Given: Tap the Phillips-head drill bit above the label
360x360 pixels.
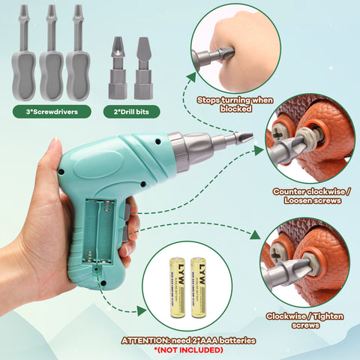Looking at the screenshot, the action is [118, 68].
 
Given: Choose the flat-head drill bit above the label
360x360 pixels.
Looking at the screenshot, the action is [143, 68].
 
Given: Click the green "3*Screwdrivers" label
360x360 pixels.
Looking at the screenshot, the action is [52, 112].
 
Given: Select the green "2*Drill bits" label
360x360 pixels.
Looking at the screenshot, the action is [131, 112].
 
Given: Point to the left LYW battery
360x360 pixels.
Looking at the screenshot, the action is [178, 287].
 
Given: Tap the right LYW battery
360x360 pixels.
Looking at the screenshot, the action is [199, 287].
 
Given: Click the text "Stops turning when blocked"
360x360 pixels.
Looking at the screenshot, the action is [235, 104].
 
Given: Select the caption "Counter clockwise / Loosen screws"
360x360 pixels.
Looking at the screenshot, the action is [312, 196].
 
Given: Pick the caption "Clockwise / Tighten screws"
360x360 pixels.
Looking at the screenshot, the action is [305, 321].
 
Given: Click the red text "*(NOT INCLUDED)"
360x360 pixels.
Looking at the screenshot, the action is [188, 350].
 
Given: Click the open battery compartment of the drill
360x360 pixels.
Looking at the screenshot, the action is [100, 231].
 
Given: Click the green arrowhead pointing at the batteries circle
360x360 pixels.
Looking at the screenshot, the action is [142, 310].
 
